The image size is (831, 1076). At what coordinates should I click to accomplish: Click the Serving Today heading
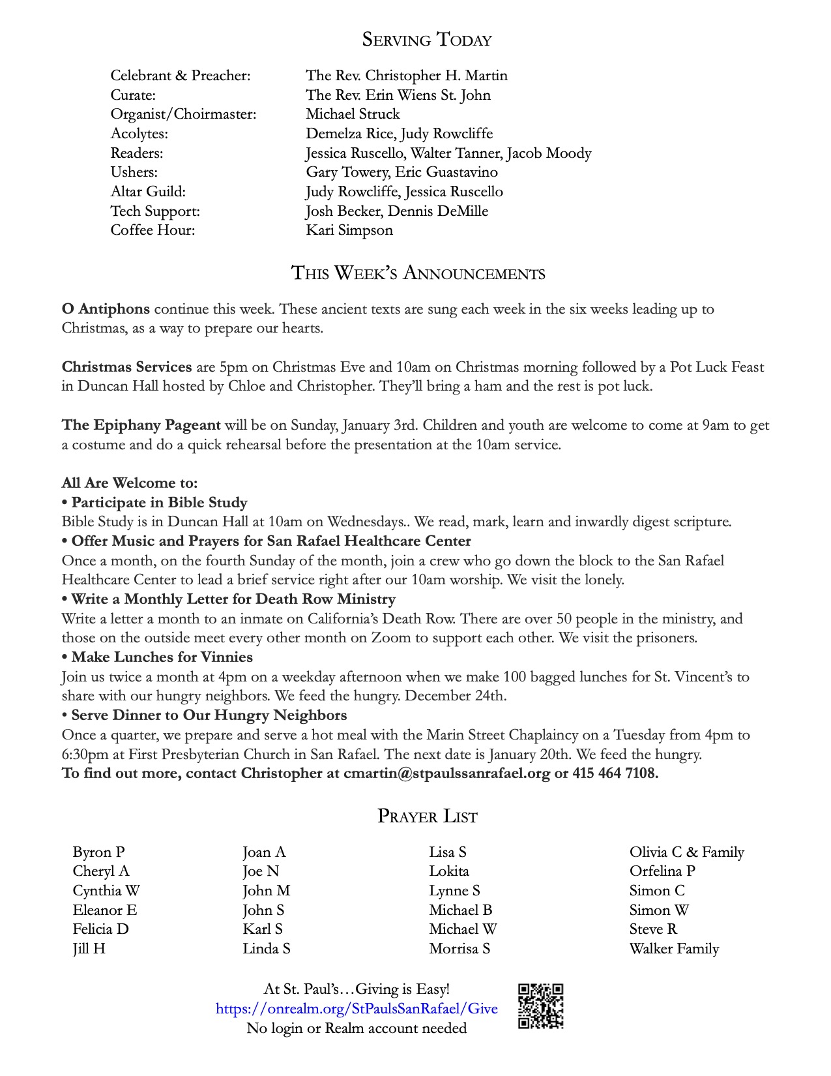click(427, 40)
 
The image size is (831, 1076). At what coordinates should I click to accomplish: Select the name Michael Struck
click(353, 114)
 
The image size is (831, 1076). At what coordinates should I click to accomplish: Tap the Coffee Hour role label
click(153, 230)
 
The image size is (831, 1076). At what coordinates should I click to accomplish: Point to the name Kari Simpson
click(349, 230)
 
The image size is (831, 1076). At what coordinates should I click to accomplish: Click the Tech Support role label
click(155, 211)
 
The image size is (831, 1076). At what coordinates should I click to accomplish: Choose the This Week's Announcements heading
click(418, 273)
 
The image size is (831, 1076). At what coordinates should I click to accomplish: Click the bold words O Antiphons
click(106, 309)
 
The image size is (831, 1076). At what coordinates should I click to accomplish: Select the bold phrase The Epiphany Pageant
click(141, 425)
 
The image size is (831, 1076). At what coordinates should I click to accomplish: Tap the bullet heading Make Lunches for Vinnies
click(162, 657)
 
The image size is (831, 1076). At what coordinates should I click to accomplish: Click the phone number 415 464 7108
click(615, 773)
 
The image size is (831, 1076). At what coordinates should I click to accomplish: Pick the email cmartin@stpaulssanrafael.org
click(447, 773)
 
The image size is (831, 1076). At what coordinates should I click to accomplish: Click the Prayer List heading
click(427, 816)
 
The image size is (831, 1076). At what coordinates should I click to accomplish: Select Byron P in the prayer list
click(98, 852)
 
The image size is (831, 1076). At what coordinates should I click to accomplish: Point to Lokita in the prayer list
click(449, 871)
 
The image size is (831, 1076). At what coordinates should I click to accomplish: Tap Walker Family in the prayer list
click(674, 949)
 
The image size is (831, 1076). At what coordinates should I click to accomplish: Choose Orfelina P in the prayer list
click(662, 871)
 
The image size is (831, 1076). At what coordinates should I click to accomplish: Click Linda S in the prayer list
click(267, 949)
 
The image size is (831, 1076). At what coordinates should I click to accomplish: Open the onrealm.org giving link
click(357, 1009)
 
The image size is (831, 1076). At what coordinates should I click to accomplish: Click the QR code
click(540, 1006)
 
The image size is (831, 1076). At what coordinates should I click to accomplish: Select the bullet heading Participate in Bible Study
click(159, 503)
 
